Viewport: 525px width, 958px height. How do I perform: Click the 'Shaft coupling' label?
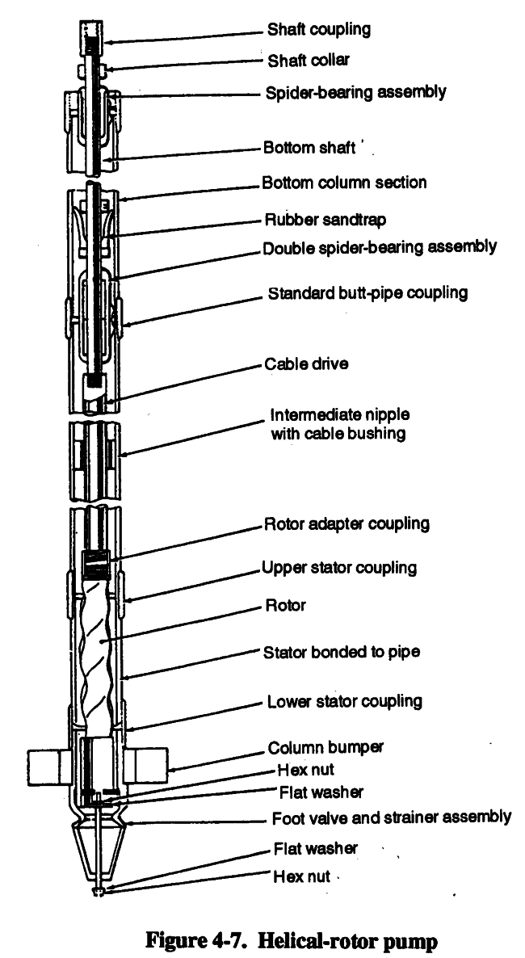click(319, 30)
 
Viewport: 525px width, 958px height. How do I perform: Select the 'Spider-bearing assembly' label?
click(355, 92)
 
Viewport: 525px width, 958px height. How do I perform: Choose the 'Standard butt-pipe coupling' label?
click(367, 292)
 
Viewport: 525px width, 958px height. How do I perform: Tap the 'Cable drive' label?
click(306, 363)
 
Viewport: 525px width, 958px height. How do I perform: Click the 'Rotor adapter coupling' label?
click(346, 524)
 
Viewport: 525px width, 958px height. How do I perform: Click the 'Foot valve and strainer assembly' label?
click(391, 817)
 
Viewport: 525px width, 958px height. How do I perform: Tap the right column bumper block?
click(145, 765)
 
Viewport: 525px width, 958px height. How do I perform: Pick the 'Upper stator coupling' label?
click(339, 567)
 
